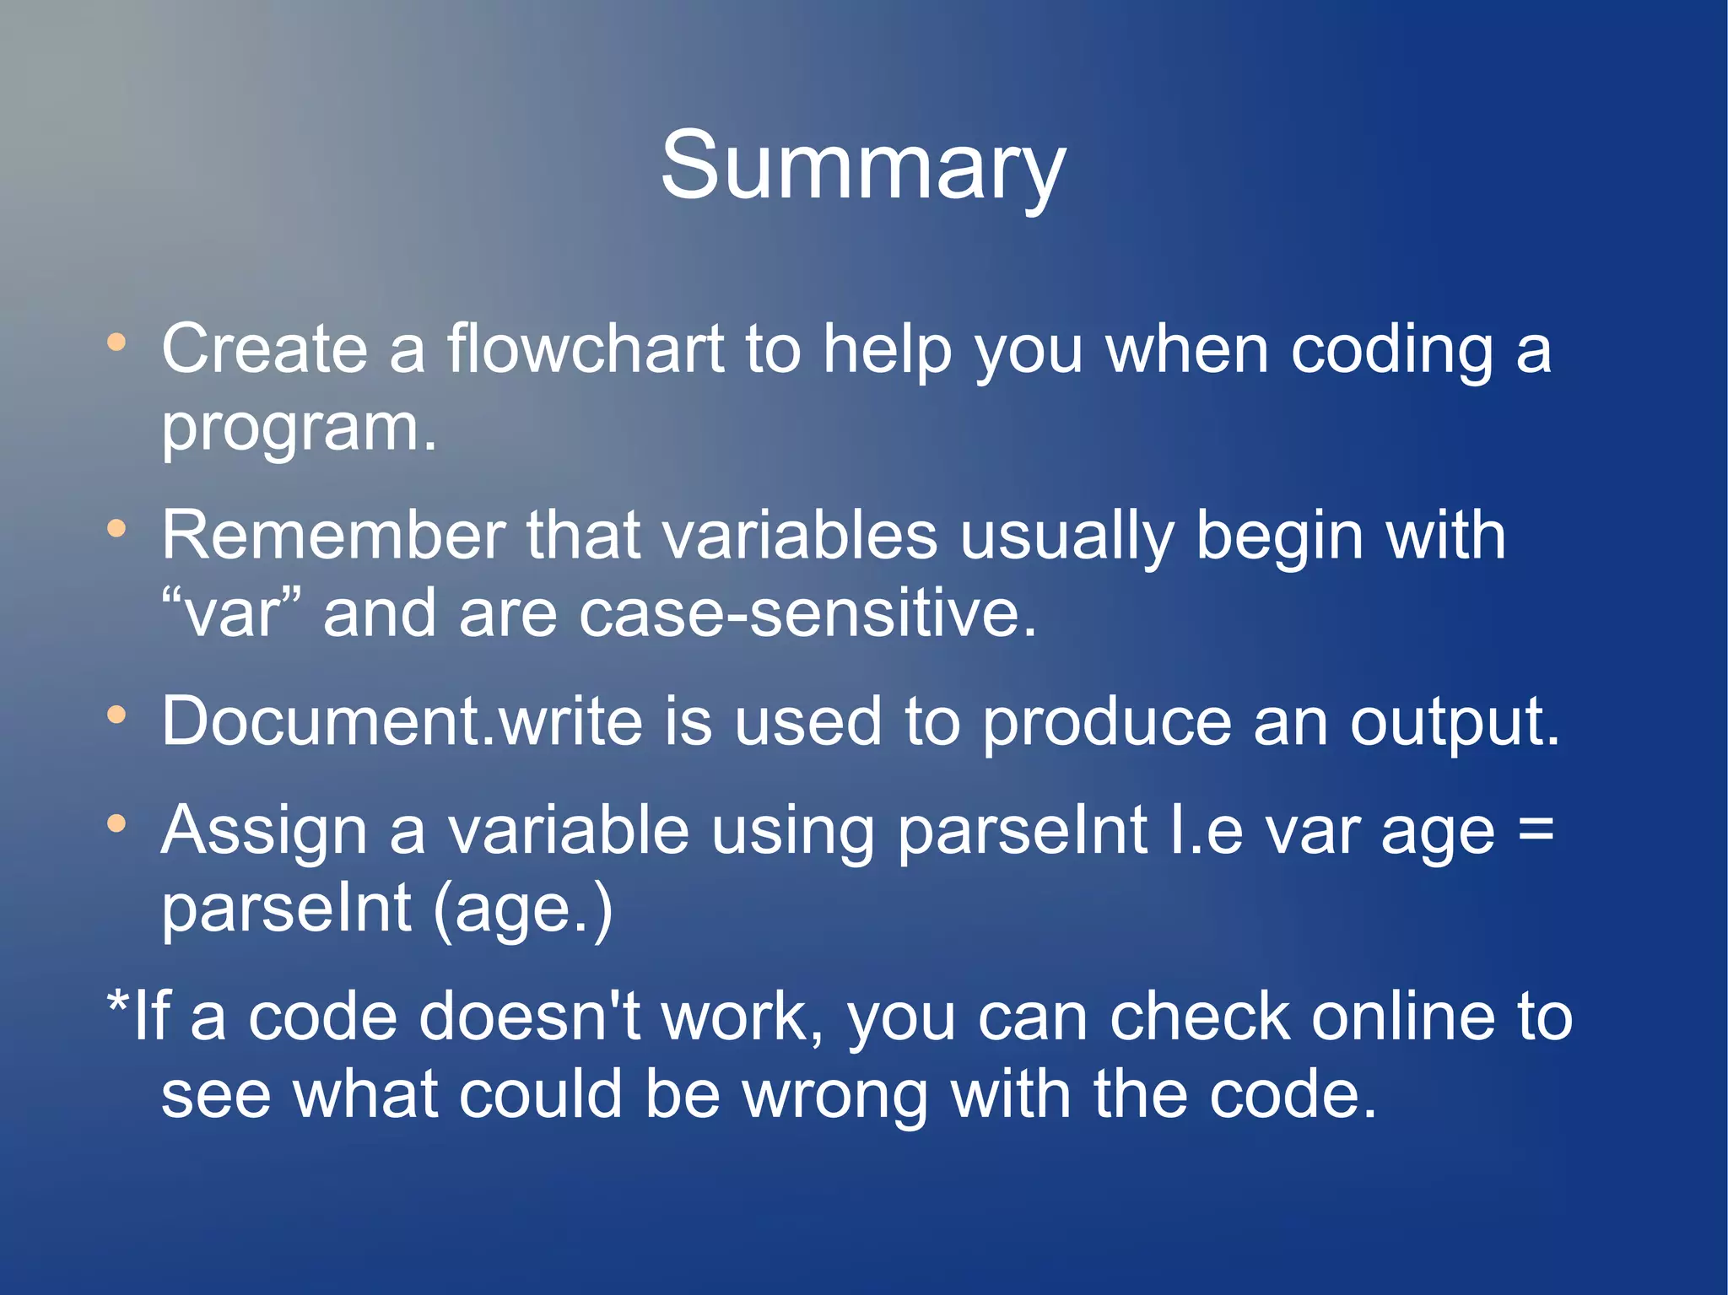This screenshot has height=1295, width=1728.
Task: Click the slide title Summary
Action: [862, 166]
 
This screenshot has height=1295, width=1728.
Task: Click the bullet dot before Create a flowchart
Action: [116, 343]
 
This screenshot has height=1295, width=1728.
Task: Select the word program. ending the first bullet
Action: [300, 427]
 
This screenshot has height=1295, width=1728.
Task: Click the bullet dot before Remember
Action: [116, 529]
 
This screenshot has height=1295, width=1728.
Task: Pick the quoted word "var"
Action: [231, 613]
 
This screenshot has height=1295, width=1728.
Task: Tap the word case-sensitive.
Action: [807, 613]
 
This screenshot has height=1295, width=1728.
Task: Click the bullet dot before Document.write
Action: [116, 715]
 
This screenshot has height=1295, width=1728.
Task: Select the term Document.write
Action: [402, 721]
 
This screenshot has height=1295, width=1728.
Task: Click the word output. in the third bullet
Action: [1455, 723]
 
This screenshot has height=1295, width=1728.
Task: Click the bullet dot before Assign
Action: [116, 823]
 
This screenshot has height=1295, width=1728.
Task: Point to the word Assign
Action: [264, 832]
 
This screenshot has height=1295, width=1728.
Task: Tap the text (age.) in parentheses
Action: [522, 909]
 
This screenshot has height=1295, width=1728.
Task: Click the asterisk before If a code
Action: [118, 1003]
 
